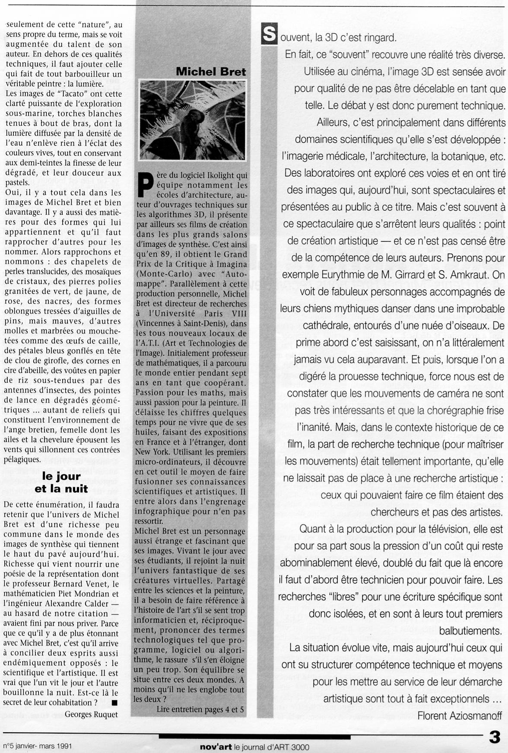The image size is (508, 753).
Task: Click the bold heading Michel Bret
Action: [x=211, y=72]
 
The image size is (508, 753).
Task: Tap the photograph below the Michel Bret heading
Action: [x=193, y=120]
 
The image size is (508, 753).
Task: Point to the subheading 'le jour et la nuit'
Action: [x=61, y=483]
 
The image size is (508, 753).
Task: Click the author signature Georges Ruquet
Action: [x=91, y=714]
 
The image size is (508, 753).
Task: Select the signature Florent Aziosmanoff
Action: [x=460, y=716]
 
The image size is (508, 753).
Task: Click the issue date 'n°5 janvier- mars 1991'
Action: [x=37, y=746]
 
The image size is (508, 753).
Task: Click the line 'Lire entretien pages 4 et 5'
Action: [x=200, y=709]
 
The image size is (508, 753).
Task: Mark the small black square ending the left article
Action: [x=114, y=702]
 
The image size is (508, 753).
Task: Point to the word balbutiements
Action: [x=470, y=631]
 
